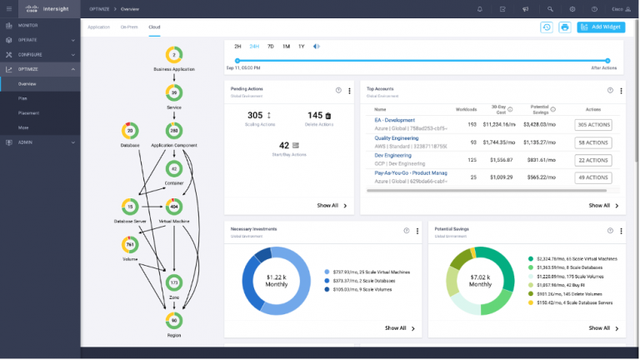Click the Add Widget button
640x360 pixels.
click(601, 27)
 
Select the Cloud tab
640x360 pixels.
click(154, 27)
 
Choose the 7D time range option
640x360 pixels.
click(270, 46)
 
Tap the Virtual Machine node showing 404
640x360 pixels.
click(174, 206)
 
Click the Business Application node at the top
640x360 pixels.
click(174, 55)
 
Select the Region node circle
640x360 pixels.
click(174, 320)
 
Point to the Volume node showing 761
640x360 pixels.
click(129, 245)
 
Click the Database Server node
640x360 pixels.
click(129, 206)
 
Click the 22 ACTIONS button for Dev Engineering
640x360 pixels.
click(593, 160)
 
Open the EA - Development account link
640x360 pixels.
click(394, 120)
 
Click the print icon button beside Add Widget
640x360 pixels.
click(564, 27)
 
